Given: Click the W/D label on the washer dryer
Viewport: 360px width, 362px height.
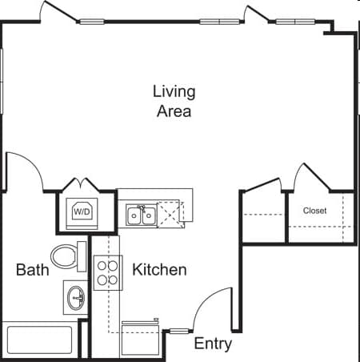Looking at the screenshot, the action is tap(82, 212).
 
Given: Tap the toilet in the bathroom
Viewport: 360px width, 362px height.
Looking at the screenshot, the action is tap(69, 256).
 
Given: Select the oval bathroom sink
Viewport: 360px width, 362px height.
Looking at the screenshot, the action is tap(76, 298).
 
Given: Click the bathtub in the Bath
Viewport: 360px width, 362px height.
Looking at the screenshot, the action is tap(39, 340).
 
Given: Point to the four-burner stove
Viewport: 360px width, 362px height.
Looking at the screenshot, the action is tap(108, 272).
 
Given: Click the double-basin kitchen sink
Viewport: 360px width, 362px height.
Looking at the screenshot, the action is tap(141, 215).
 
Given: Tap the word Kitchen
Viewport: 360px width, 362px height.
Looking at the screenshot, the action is tap(159, 270).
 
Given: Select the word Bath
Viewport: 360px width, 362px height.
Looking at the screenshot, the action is tap(33, 270).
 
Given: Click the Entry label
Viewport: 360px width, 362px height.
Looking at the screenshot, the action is tap(213, 344).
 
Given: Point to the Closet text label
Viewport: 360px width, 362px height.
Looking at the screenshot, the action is tap(314, 211).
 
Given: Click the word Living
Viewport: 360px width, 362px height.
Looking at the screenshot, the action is tap(174, 92).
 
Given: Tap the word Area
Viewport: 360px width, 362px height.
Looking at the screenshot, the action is tap(174, 111).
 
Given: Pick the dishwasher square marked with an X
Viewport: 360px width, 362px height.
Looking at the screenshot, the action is tap(170, 215).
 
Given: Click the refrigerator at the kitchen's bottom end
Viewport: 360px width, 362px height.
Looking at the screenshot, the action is tap(140, 340).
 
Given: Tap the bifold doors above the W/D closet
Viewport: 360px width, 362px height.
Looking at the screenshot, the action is tap(81, 183).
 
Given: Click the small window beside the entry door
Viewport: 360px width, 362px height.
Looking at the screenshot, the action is tap(179, 332).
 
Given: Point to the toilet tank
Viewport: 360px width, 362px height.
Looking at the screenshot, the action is tap(82, 256).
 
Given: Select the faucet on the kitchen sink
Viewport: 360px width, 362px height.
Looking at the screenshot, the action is tap(142, 207).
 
